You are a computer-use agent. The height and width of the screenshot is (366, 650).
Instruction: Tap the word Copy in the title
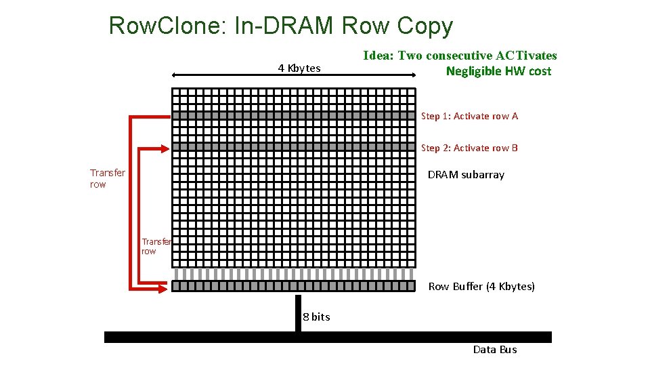point(425,26)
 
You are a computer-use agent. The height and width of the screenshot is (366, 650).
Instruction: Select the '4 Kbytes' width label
point(299,68)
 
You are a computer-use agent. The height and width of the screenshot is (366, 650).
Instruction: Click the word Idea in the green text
point(378,56)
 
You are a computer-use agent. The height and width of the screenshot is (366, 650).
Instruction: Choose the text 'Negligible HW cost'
point(498,71)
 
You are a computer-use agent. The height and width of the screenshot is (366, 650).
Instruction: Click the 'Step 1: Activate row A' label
point(469,116)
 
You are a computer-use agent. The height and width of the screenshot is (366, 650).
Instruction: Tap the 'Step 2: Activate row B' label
point(469,148)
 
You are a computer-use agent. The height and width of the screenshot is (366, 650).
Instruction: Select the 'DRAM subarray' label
point(466,175)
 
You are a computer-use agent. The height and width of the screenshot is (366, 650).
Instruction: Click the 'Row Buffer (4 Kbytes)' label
point(481,286)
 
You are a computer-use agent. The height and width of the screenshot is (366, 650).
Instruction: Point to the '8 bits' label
point(316,317)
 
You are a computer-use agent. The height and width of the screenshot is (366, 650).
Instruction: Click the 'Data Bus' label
point(495,349)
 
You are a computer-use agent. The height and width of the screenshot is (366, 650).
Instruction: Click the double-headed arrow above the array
point(293,76)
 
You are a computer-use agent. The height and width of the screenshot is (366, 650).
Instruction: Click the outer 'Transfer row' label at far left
point(107,178)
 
